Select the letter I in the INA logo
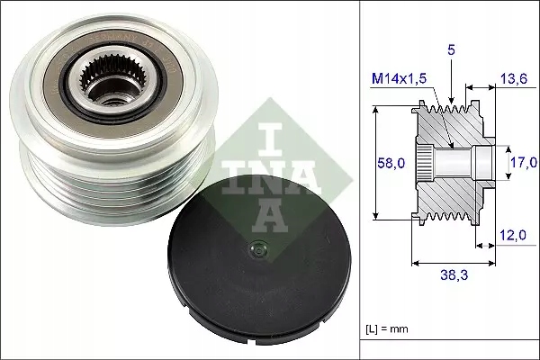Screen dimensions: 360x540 coord(261,126)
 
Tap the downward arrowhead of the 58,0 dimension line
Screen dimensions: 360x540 coord(373,215)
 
